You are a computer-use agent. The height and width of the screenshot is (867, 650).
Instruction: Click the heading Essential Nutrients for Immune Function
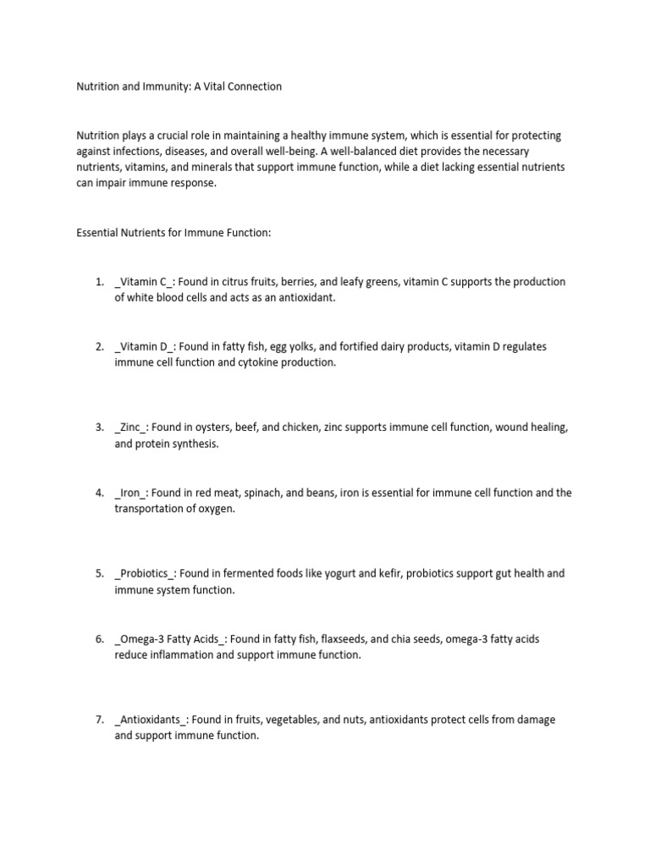pos(174,233)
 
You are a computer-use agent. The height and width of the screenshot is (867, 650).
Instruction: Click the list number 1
pos(99,282)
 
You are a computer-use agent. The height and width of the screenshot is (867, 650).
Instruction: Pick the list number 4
pos(99,493)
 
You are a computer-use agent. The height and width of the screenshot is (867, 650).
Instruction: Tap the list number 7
pos(99,720)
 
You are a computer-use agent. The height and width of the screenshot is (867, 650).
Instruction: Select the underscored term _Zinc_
pos(130,428)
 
